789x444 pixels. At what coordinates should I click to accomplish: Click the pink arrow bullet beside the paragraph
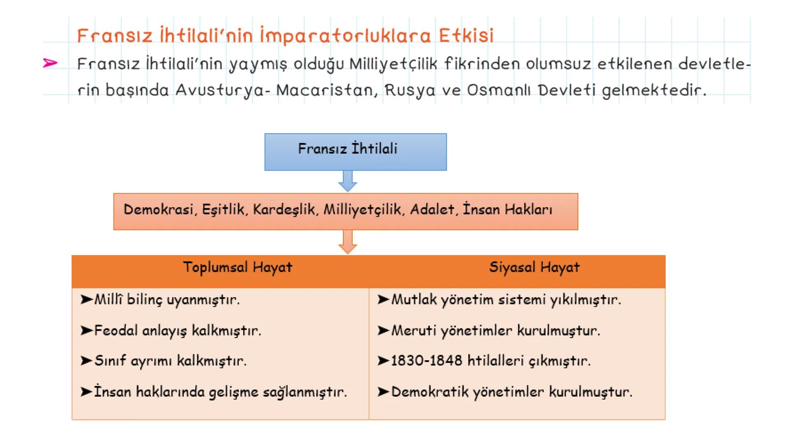(x=50, y=63)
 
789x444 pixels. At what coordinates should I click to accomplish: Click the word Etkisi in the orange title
(x=466, y=36)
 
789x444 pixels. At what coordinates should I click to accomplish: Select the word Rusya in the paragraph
(x=409, y=90)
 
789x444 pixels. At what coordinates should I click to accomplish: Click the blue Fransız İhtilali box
(x=355, y=152)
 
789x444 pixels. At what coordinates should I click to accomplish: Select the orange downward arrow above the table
(x=348, y=242)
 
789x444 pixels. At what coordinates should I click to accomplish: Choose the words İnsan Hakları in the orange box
(x=508, y=210)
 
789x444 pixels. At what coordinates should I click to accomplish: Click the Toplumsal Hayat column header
(x=238, y=268)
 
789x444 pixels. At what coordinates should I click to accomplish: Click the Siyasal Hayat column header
(x=534, y=268)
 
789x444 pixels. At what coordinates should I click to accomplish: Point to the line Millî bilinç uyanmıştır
(x=166, y=300)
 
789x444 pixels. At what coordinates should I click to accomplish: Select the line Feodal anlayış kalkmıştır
(x=178, y=331)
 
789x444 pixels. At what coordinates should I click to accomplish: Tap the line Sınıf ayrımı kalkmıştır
(x=170, y=361)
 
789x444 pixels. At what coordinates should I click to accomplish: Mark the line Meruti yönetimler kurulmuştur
(x=495, y=331)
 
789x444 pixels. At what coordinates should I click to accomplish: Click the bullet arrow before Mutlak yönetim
(x=383, y=299)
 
